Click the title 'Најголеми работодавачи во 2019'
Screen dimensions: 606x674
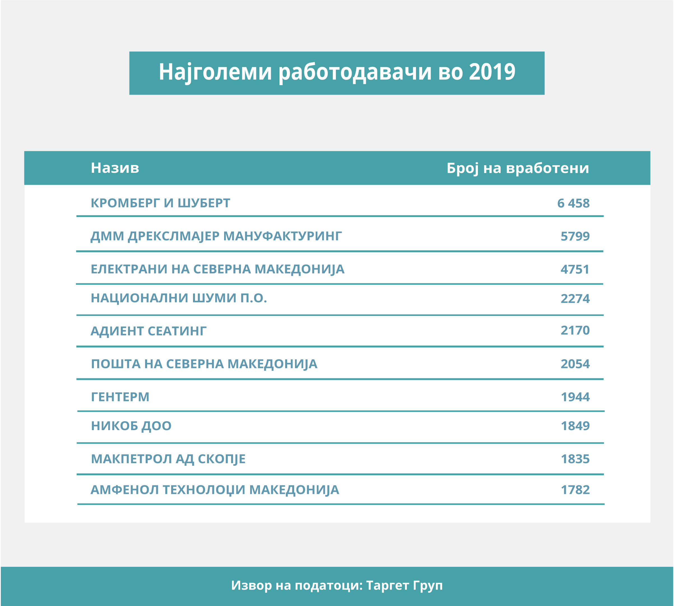pos(337,72)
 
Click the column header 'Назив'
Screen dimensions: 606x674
pos(115,168)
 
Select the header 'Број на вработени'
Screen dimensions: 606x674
pos(517,168)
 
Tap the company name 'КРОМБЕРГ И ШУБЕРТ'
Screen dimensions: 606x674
pos(160,203)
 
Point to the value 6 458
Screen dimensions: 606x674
pos(573,203)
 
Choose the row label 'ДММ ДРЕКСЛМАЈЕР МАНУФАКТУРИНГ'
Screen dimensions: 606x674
pos(216,236)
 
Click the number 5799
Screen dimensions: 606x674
pos(575,236)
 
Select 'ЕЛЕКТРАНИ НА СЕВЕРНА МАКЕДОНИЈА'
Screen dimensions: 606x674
pos(217,269)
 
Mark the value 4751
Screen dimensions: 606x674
pos(575,269)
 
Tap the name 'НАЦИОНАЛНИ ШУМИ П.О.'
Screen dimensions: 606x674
pos(179,298)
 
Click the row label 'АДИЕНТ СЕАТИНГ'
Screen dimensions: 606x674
pos(148,331)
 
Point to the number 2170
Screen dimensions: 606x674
pos(575,330)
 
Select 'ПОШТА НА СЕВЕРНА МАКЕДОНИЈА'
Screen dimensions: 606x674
pos(204,364)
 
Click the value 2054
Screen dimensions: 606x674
pos(575,364)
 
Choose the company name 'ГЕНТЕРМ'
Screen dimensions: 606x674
pos(120,397)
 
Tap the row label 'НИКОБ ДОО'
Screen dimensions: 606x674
pos(131,426)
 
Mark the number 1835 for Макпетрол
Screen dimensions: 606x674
pos(575,459)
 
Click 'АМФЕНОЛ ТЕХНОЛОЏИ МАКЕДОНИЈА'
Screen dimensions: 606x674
pos(215,490)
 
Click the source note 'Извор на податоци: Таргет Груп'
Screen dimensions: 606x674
pos(337,585)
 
